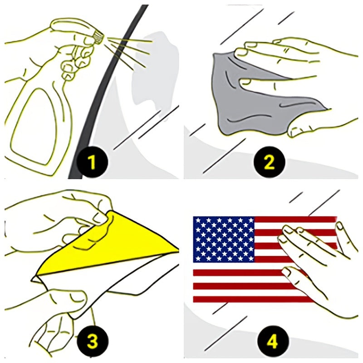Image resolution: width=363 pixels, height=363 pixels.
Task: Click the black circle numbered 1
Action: coord(92,162)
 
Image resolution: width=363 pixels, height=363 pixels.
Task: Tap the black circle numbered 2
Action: coord(269,162)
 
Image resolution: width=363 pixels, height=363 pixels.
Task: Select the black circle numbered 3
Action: coord(92,341)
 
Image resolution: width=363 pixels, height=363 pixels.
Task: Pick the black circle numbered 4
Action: coord(273,341)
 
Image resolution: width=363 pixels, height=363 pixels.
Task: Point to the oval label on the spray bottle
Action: coord(35,126)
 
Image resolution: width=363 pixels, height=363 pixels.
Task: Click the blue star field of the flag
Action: coord(224,240)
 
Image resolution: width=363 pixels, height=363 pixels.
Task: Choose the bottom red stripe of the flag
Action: coord(252,299)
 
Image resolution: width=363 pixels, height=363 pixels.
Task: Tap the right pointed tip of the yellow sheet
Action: coord(178,250)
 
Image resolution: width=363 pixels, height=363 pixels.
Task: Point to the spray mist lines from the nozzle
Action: coord(128,51)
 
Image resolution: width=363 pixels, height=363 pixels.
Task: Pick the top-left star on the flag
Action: coord(197,220)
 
